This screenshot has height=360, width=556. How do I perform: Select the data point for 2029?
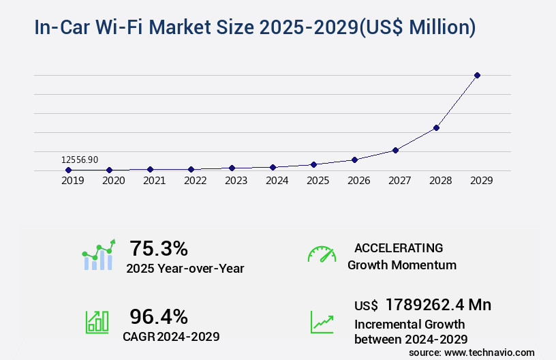[477, 75]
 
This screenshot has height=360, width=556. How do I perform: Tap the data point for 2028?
[436, 127]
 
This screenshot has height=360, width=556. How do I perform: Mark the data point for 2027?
[395, 150]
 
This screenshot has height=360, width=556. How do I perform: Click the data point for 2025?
[313, 164]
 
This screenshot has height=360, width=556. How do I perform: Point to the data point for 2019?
[68, 170]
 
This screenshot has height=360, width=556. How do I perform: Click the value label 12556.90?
[80, 160]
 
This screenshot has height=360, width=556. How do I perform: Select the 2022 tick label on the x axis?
[196, 181]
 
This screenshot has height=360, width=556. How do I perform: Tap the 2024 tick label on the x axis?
[277, 181]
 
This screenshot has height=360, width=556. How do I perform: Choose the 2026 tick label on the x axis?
[359, 181]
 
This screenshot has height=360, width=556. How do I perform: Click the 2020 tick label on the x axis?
[114, 181]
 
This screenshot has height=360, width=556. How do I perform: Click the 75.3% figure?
[159, 248]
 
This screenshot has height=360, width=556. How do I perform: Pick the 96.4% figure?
[159, 316]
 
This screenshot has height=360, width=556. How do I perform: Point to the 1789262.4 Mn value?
[438, 304]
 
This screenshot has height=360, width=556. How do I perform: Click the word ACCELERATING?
[399, 247]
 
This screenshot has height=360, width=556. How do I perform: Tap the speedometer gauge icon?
[322, 254]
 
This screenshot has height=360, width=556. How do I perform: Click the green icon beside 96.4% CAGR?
[97, 322]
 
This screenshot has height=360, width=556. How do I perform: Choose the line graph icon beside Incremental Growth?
[322, 322]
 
